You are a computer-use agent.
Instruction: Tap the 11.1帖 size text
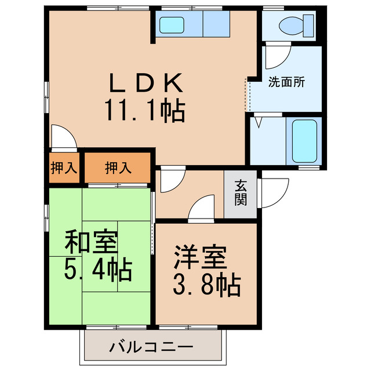(145, 110)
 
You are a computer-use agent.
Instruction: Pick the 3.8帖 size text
(206, 284)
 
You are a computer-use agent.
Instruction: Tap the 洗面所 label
(286, 82)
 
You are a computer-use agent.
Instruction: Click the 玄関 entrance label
(241, 194)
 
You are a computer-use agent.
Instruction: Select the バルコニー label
(151, 348)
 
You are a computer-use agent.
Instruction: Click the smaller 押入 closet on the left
(63, 168)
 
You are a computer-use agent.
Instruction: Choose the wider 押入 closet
(118, 168)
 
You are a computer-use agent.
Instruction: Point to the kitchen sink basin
(172, 25)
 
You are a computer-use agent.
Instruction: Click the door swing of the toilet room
(275, 56)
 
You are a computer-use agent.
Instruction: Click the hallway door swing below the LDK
(172, 181)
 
